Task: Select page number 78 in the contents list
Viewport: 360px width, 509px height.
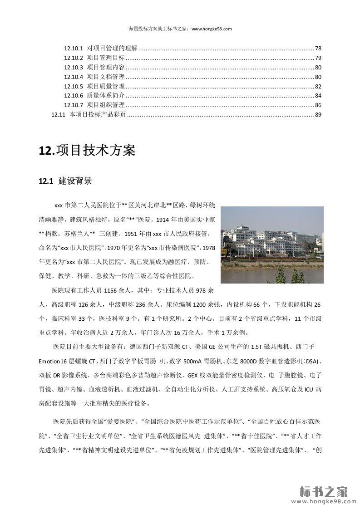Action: [318, 48]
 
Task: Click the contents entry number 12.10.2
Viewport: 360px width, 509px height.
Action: [73, 58]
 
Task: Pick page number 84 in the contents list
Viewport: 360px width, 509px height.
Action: [318, 96]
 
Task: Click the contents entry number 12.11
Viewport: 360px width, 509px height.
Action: [59, 115]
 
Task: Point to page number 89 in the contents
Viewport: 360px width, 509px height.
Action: [318, 115]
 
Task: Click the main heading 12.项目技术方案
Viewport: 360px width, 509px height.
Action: [87, 150]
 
